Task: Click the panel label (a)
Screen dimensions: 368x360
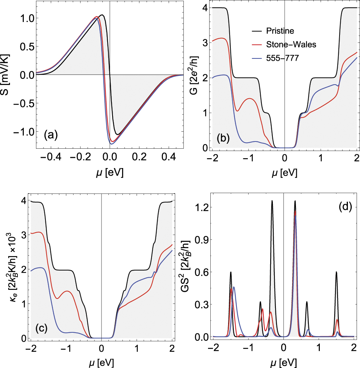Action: (x=51, y=134)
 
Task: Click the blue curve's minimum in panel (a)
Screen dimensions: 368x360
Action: (x=112, y=144)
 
